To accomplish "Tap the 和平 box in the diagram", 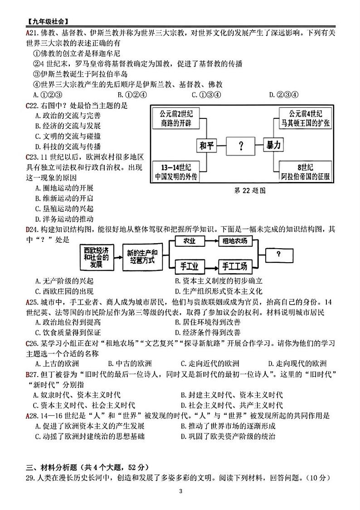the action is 206,146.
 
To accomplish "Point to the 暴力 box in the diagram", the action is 274,146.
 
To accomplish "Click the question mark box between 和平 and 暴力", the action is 241,146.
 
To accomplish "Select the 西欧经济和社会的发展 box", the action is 96,257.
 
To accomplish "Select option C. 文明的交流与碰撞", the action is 68,136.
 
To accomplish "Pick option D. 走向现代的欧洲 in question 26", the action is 297,363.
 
